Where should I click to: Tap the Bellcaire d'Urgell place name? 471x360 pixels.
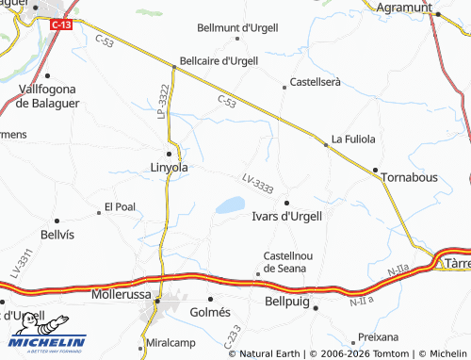coord(218,60)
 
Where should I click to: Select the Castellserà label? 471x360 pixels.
coord(315,83)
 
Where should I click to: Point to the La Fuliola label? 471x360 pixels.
coord(353,139)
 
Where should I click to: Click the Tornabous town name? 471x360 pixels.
coord(412,176)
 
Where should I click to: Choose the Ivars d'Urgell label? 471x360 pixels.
coord(287,216)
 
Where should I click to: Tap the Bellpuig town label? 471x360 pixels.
coord(282,306)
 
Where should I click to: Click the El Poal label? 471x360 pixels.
coord(120,206)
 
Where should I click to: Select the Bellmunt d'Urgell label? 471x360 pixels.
coord(236,28)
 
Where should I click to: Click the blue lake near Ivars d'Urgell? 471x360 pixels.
coord(230,205)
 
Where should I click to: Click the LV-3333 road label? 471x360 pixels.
coord(257,184)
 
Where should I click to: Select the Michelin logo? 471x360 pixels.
coord(43,345)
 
